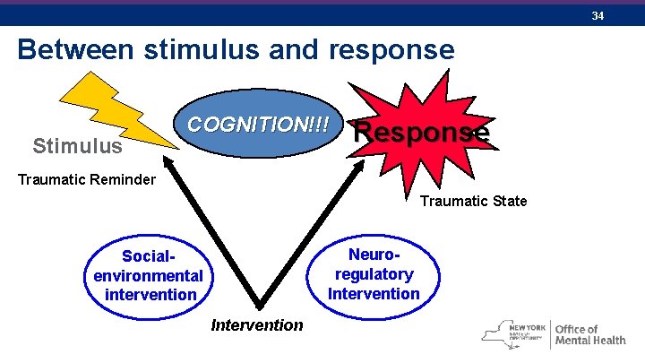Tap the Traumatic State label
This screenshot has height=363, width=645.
474,200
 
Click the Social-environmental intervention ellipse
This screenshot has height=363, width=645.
149,275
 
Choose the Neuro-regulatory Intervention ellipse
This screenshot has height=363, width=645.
374,274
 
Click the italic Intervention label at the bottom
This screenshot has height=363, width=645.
257,324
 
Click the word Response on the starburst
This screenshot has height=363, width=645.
422,132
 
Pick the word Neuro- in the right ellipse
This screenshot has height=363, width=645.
374,255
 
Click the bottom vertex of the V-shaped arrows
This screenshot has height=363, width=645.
261,306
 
